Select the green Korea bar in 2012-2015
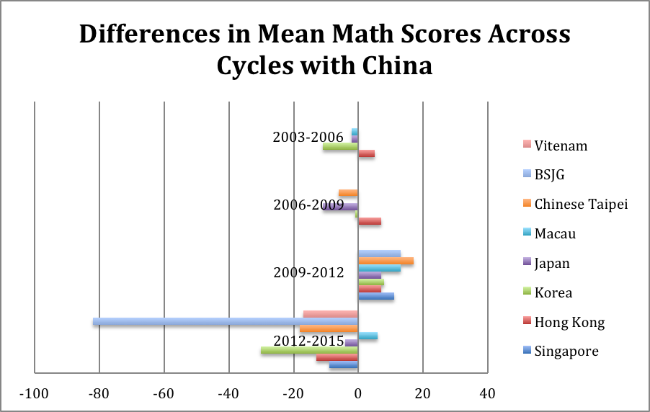[309, 350]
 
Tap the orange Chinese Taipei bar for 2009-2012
[386, 261]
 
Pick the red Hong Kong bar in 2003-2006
[366, 153]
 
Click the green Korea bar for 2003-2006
[340, 146]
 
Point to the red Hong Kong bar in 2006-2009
[370, 221]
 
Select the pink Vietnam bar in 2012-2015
[331, 314]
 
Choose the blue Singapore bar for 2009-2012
[376, 296]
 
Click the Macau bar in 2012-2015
[368, 336]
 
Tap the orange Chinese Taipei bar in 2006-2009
[348, 193]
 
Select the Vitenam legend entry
[561, 145]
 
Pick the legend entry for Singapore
[566, 351]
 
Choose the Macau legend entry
[555, 233]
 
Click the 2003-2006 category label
[308, 138]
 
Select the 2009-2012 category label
[308, 273]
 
